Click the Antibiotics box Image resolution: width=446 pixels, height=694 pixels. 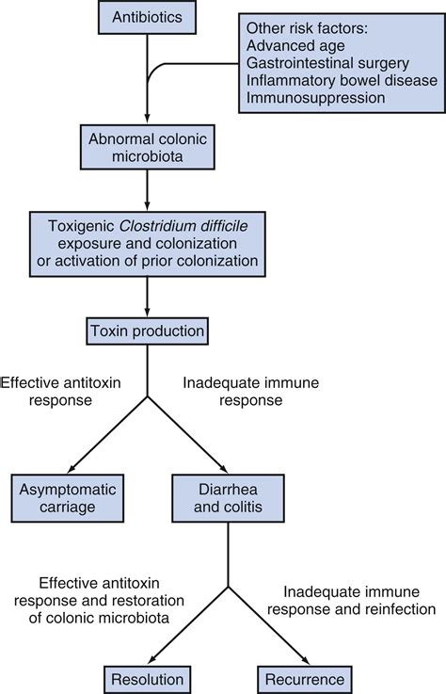pyautogui.click(x=148, y=19)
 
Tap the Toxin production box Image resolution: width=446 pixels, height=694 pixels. pyautogui.click(x=148, y=331)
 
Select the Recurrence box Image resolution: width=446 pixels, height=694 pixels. pyautogui.click(x=304, y=677)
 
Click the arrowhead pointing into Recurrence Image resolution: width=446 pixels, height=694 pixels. pyautogui.click(x=299, y=656)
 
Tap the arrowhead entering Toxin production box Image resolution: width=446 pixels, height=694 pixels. pyautogui.click(x=148, y=313)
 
